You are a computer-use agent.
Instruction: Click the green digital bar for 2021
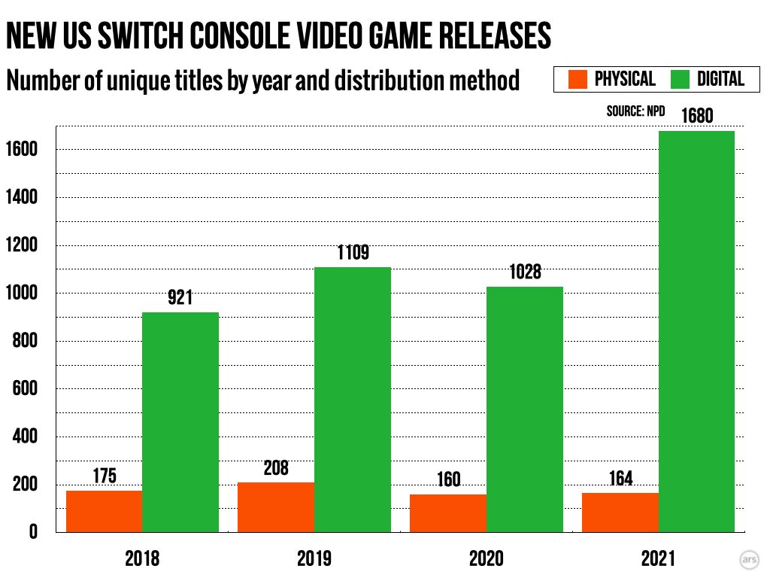(x=696, y=331)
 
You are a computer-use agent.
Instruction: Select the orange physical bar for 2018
(x=104, y=512)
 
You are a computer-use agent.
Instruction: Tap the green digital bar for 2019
(x=353, y=400)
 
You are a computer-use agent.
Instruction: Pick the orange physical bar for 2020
(x=448, y=513)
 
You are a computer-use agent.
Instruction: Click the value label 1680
(x=696, y=117)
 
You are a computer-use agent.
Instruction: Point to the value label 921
(x=180, y=299)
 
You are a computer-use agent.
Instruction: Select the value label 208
(x=276, y=468)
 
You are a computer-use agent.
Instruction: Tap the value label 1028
(x=524, y=272)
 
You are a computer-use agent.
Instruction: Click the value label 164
(x=620, y=479)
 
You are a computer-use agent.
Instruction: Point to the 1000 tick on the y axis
(x=25, y=294)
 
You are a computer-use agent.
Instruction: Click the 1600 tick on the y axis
(x=25, y=150)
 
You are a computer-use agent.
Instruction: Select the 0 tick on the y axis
(x=33, y=533)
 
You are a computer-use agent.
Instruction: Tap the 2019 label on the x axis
(x=314, y=559)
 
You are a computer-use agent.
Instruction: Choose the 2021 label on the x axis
(x=658, y=559)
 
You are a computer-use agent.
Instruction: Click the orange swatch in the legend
(x=577, y=79)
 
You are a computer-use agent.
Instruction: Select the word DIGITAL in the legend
(x=720, y=79)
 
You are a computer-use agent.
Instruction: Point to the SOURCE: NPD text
(x=635, y=111)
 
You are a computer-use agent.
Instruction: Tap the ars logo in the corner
(x=749, y=561)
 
